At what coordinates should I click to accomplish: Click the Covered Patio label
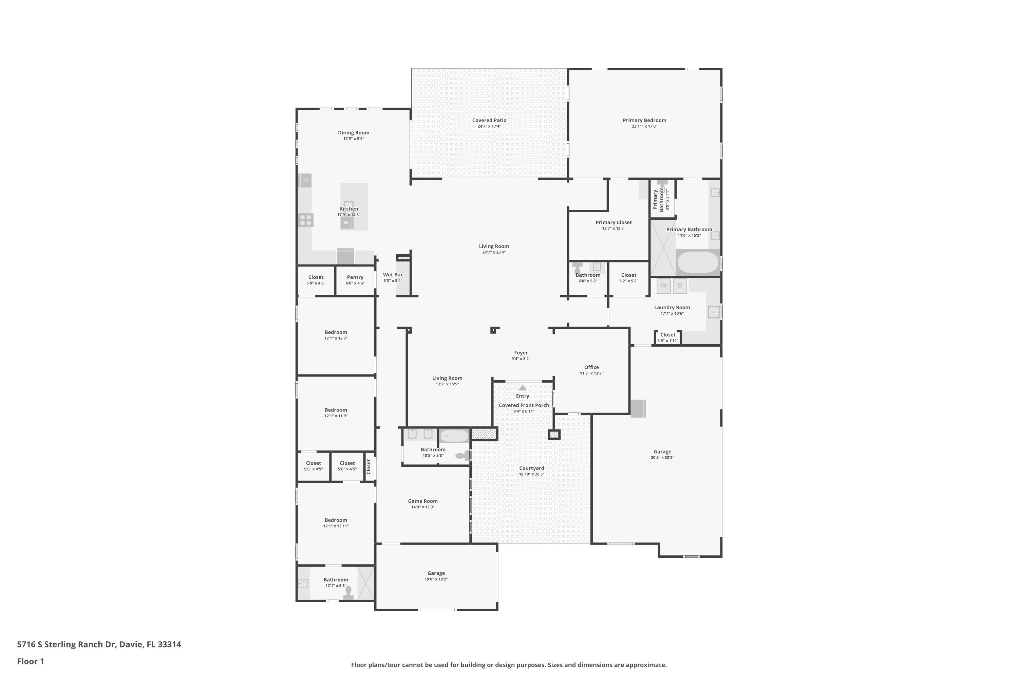[489, 121]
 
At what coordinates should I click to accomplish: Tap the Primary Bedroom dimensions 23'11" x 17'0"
[644, 126]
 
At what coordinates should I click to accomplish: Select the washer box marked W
[663, 286]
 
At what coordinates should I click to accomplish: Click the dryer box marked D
[680, 286]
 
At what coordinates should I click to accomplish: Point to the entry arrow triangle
[523, 388]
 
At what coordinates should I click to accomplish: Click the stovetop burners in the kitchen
[306, 220]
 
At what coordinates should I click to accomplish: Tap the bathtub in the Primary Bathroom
[697, 262]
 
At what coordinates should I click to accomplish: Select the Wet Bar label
[393, 275]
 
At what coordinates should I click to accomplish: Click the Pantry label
[355, 277]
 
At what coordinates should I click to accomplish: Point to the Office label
[591, 367]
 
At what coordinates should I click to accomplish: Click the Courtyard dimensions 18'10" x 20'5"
[531, 474]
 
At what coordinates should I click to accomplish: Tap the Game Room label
[422, 501]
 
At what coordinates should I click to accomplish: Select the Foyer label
[521, 353]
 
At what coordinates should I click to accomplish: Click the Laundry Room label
[672, 308]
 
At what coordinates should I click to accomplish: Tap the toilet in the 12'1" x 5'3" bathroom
[348, 592]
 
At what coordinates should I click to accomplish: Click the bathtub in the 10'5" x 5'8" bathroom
[454, 436]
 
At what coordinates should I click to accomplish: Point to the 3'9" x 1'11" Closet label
[667, 335]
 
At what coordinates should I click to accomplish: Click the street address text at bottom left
[99, 644]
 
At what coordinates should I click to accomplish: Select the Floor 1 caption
[30, 661]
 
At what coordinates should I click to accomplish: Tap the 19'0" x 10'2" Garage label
[436, 573]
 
